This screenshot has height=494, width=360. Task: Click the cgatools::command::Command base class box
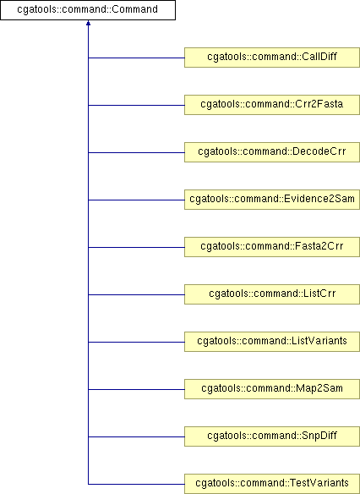[x=88, y=10]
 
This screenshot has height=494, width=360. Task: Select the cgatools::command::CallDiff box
[x=272, y=58]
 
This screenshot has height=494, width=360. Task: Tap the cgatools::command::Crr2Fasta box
[x=272, y=105]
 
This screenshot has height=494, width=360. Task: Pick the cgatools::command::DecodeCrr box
[x=272, y=152]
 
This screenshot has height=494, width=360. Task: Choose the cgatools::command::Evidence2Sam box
[x=272, y=200]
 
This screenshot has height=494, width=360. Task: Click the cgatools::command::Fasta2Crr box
[x=272, y=247]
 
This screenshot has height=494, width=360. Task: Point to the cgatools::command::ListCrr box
[x=272, y=294]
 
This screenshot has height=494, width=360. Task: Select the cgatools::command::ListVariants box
[x=272, y=342]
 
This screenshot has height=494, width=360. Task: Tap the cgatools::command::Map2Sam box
[x=272, y=389]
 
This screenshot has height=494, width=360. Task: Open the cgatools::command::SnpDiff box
[x=272, y=436]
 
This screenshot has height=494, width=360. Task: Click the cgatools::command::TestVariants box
[x=272, y=484]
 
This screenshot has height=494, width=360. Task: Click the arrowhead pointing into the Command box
[x=88, y=23]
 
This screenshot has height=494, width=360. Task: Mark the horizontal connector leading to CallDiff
[x=136, y=58]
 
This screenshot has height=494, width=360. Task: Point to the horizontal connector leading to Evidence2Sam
[x=136, y=200]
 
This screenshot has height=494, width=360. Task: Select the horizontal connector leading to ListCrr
[x=136, y=295]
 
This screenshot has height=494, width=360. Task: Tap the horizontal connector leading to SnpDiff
[x=136, y=437]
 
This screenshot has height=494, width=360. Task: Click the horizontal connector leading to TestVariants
[x=136, y=484]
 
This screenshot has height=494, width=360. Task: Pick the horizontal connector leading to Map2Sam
[x=136, y=390]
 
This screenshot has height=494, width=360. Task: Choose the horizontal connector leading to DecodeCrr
[x=136, y=153]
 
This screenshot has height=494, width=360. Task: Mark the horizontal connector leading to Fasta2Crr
[x=136, y=247]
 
